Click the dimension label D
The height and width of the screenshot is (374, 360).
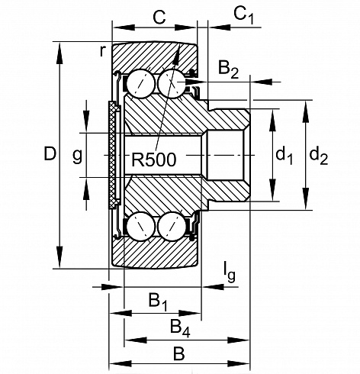click(x=50, y=153)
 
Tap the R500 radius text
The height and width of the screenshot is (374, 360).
click(x=154, y=160)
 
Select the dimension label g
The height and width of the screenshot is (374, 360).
click(x=77, y=156)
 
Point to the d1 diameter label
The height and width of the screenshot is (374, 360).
click(x=284, y=156)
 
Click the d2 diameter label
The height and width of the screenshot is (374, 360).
click(x=319, y=156)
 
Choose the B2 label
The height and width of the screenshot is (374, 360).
click(x=228, y=69)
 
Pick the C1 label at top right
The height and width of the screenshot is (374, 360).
click(x=243, y=16)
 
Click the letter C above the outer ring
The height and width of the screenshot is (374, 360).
click(x=159, y=18)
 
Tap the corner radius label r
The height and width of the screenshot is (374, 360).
click(x=102, y=51)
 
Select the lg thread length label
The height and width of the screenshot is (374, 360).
click(x=230, y=272)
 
